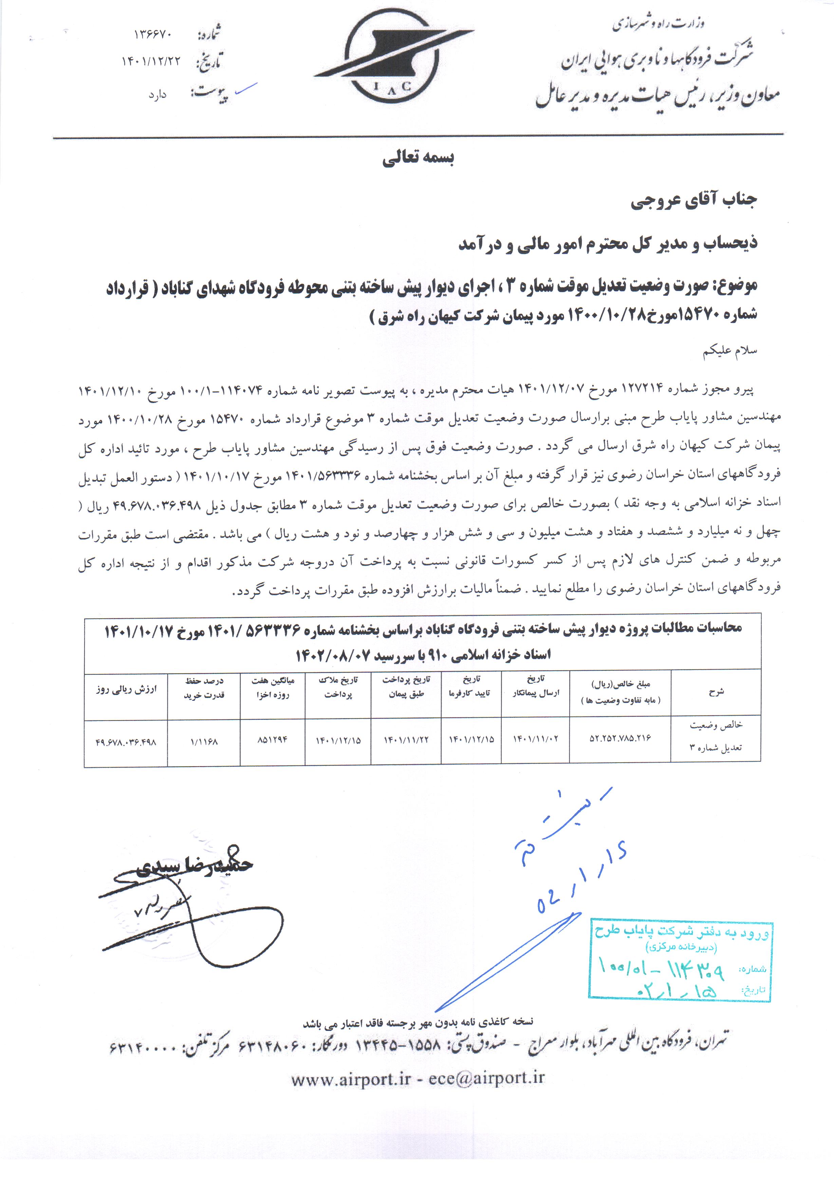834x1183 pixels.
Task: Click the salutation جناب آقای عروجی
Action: (x=693, y=201)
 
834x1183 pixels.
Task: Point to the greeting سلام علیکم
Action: (x=730, y=351)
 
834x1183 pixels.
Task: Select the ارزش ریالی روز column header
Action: (x=126, y=689)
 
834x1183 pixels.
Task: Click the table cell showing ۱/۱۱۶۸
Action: (x=204, y=742)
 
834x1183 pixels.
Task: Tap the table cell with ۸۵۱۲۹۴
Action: (x=273, y=741)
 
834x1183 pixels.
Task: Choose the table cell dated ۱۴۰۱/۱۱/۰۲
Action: (x=535, y=739)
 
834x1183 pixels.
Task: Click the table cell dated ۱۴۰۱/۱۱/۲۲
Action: (x=406, y=740)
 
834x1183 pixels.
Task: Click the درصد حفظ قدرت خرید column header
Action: (x=204, y=688)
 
